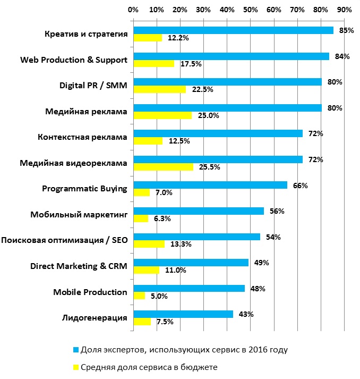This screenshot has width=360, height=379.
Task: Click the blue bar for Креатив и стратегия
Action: tap(233, 30)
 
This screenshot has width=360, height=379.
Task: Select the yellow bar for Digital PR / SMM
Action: tap(159, 89)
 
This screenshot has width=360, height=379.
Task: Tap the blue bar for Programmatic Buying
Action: tap(210, 185)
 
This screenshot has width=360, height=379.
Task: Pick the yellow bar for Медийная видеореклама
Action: tap(163, 167)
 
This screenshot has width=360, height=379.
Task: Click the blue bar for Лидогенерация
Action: tap(183, 314)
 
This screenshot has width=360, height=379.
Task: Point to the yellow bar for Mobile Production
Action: tap(139, 296)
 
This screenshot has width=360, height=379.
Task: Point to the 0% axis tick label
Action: tap(133, 10)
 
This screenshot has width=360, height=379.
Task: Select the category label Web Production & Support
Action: tap(74, 60)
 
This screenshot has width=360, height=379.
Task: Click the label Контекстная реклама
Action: tap(83, 137)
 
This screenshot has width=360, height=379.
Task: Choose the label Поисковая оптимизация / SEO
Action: tap(65, 240)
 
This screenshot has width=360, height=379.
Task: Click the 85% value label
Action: tap(346, 30)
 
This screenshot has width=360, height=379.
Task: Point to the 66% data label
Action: tap(300, 186)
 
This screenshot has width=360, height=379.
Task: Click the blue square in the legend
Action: tap(76, 350)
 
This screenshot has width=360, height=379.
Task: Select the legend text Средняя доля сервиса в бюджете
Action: tap(149, 367)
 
